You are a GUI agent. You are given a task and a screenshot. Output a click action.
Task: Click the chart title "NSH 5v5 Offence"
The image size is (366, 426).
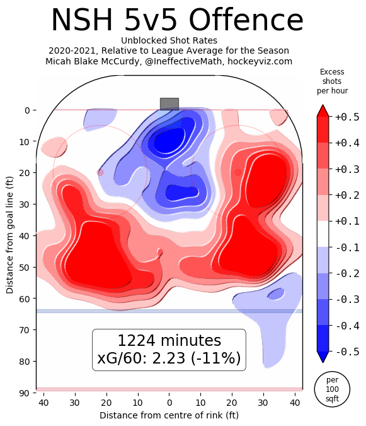point(177,21)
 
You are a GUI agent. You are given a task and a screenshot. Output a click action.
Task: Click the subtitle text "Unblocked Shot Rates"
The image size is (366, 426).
point(168,40)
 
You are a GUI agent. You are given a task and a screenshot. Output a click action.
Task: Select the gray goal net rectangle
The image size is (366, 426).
point(169,104)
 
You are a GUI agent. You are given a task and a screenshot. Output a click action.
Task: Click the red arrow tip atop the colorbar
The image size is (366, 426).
point(323,110)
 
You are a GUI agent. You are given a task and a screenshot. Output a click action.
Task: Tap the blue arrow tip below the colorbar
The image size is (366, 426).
point(323,357)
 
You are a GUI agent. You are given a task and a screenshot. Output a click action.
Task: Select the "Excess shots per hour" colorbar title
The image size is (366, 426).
point(332,81)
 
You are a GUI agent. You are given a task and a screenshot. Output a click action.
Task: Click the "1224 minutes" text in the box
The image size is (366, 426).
point(169,341)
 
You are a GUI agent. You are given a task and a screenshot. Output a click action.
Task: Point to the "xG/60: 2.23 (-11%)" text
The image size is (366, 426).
point(169,358)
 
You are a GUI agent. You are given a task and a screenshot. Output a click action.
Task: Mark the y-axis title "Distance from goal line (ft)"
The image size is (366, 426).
point(10,235)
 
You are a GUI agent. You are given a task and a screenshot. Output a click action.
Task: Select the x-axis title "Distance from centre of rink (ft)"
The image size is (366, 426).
point(169,415)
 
